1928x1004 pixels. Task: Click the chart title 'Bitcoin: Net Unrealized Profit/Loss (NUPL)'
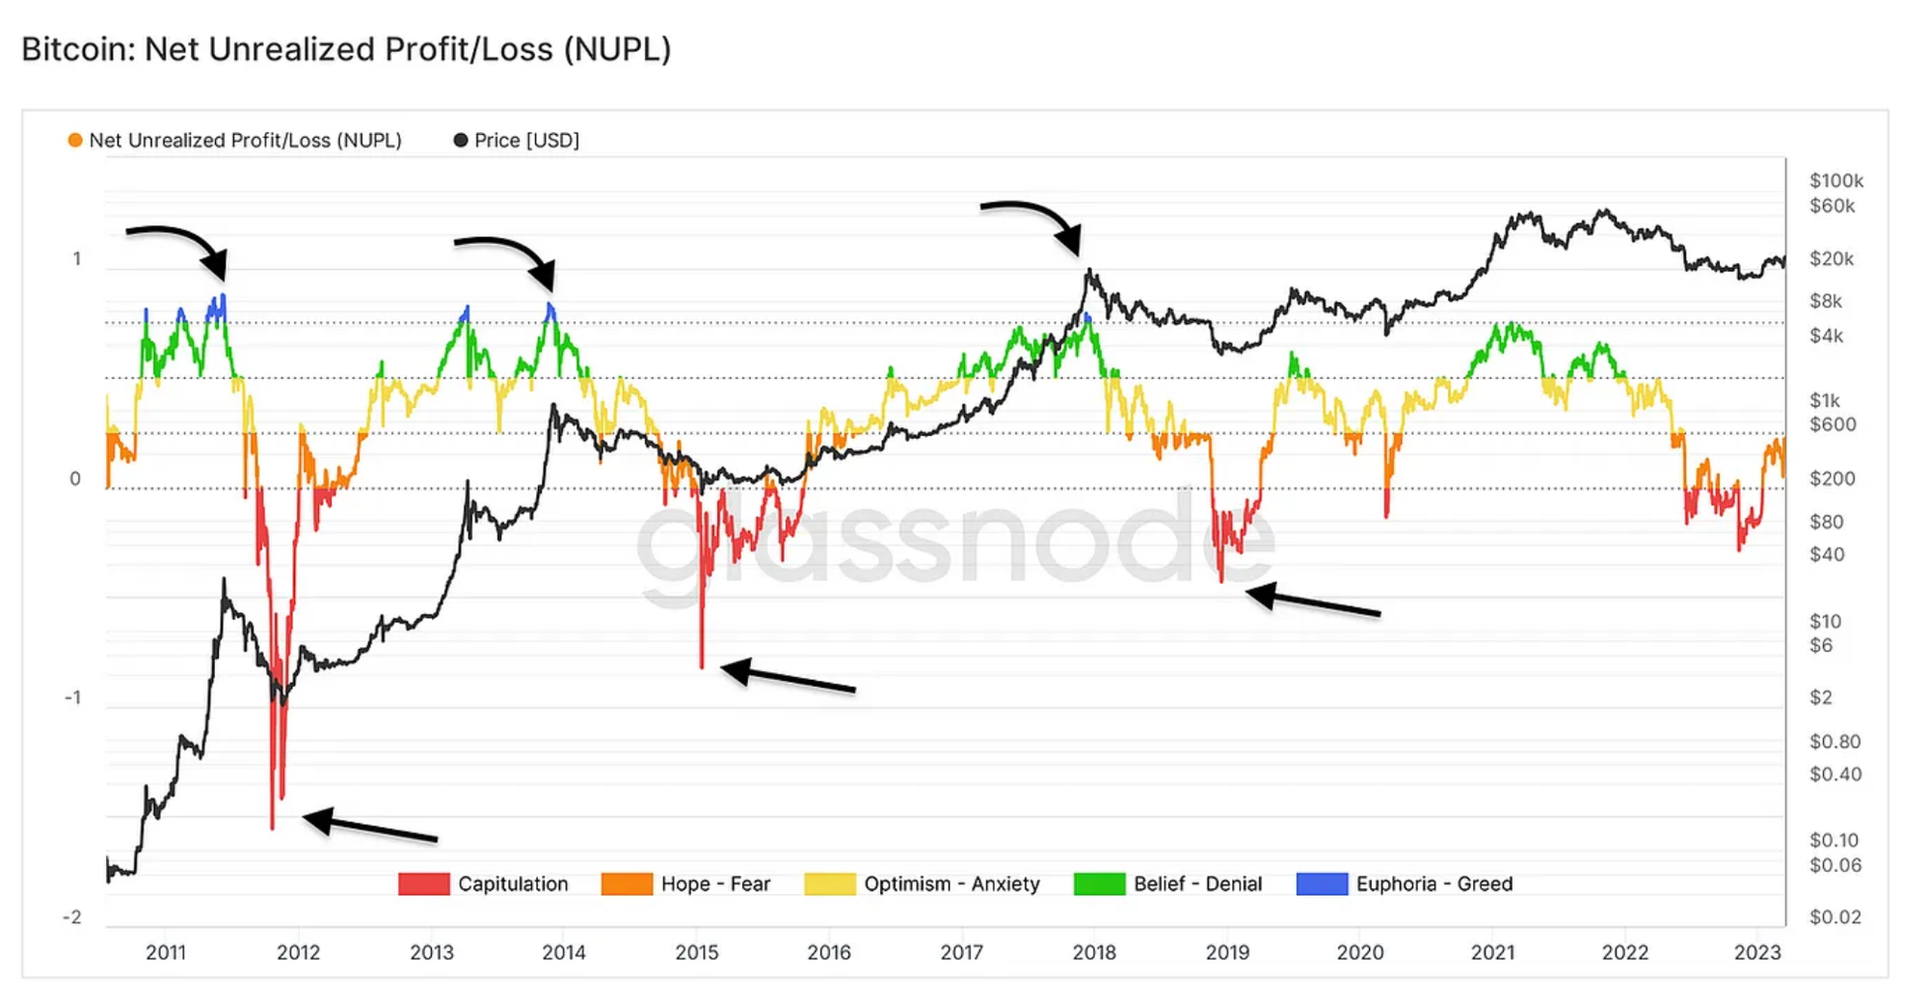click(x=346, y=49)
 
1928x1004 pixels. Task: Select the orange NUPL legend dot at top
click(x=75, y=141)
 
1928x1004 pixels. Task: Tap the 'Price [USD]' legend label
click(x=526, y=141)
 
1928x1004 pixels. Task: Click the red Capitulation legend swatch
click(x=423, y=883)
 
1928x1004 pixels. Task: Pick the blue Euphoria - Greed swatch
click(x=1322, y=883)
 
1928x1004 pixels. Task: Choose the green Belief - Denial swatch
click(x=1099, y=883)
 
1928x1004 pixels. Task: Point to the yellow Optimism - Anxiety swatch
click(x=829, y=883)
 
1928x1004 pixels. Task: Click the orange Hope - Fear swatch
click(x=627, y=883)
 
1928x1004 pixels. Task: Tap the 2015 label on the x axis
click(x=696, y=953)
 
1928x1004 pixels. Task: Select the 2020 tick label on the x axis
click(x=1359, y=953)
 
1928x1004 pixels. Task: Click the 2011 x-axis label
click(x=166, y=953)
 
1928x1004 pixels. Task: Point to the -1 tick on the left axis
click(x=73, y=697)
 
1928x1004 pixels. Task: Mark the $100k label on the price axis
click(x=1835, y=180)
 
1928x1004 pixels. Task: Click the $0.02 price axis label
click(x=1834, y=917)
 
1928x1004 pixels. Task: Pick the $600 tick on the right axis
click(x=1832, y=424)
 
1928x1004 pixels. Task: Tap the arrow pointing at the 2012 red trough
click(x=370, y=827)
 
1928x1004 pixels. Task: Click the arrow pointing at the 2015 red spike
click(x=787, y=677)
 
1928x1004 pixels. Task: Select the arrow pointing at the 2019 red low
click(x=1312, y=602)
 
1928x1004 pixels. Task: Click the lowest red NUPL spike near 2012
click(x=273, y=825)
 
